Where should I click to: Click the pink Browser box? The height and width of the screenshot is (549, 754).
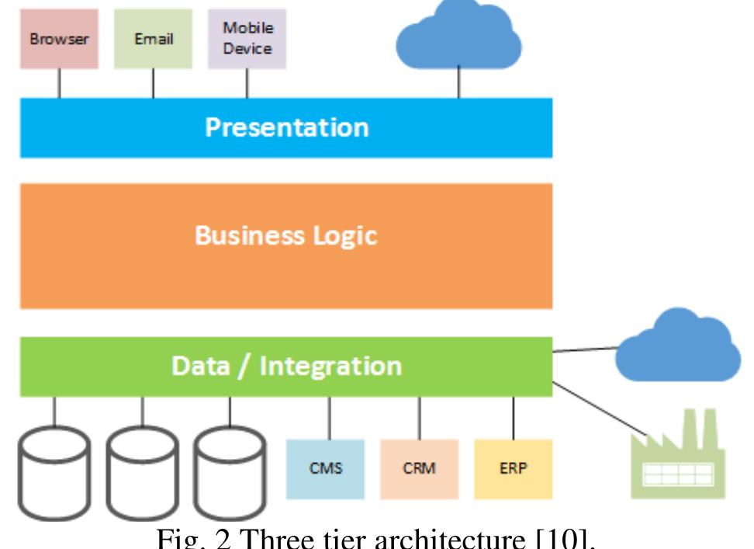pyautogui.click(x=60, y=39)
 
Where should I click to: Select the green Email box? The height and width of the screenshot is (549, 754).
pyautogui.click(x=153, y=39)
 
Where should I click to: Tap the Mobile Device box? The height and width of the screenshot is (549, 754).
pyautogui.click(x=247, y=38)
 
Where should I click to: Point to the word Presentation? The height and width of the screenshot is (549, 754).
pyautogui.click(x=286, y=127)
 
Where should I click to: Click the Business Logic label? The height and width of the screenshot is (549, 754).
pyautogui.click(x=286, y=236)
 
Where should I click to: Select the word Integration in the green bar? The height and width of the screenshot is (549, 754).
pyautogui.click(x=330, y=365)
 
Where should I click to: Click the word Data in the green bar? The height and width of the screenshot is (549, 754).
pyautogui.click(x=196, y=365)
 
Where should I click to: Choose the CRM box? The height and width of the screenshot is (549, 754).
pyautogui.click(x=419, y=469)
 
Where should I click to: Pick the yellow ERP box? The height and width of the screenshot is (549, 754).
pyautogui.click(x=513, y=469)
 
